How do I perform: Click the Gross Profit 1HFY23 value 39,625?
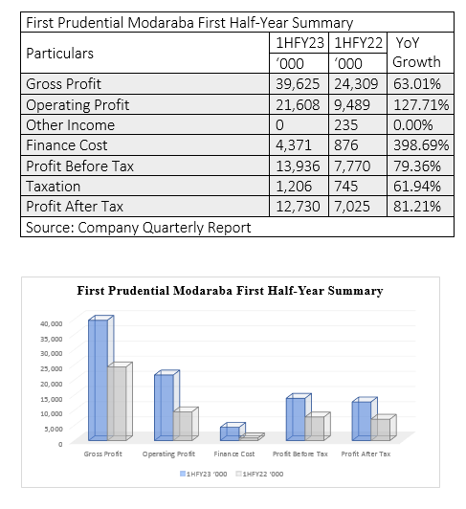[x=298, y=84]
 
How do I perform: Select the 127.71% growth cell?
[x=421, y=105]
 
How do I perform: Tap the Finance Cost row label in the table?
[x=67, y=145]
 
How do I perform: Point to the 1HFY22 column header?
[x=358, y=43]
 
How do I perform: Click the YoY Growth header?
[x=416, y=53]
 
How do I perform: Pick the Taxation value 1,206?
[x=294, y=187]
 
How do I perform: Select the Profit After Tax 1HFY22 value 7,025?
[x=352, y=207]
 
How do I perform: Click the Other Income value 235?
[x=346, y=125]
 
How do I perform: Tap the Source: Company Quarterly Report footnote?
[x=139, y=228]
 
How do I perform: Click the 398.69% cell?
[x=421, y=145]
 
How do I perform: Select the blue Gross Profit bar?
[x=98, y=380]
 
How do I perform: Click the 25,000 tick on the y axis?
[x=52, y=368]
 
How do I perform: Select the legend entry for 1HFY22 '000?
[x=259, y=474]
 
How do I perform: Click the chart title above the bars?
[x=230, y=291]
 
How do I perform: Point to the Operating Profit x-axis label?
[x=168, y=454]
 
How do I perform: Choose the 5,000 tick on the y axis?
[x=54, y=429]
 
